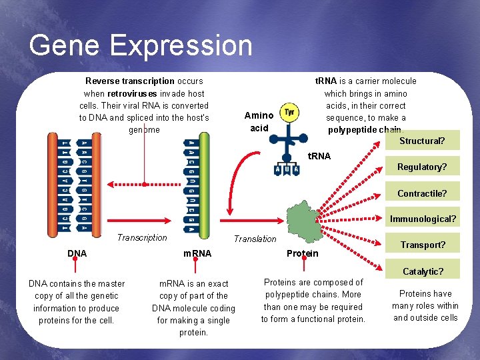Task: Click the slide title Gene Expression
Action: [141, 45]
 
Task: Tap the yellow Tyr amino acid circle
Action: [289, 112]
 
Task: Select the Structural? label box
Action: [421, 141]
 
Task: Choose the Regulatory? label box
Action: [422, 167]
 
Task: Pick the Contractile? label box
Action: [422, 194]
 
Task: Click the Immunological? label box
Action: [423, 219]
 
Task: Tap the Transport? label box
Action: [423, 245]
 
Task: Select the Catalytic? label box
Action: [423, 271]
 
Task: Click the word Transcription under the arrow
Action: [142, 237]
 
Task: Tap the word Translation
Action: [255, 239]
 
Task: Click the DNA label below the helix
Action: [77, 253]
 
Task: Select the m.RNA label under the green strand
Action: [197, 253]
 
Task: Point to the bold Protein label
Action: [302, 253]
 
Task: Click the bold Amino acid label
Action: [259, 121]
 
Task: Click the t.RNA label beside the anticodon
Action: [319, 157]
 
